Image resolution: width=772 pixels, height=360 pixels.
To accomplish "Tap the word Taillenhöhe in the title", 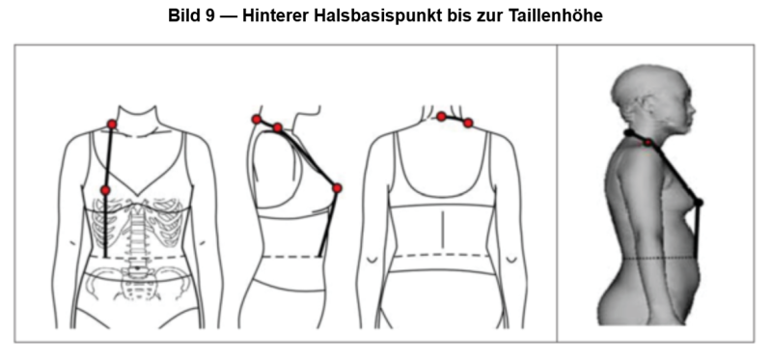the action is (556, 15).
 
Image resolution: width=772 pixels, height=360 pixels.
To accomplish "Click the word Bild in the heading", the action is (186, 15).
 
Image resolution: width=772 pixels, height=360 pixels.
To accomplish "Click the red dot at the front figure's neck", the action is (112, 125).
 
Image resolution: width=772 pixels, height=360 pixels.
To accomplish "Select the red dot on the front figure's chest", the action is (105, 190).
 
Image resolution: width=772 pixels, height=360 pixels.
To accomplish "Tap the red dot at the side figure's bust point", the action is (337, 188).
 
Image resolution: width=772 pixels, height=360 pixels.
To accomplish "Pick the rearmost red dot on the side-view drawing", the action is (257, 119).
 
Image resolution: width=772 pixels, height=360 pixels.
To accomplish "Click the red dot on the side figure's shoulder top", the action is (278, 127).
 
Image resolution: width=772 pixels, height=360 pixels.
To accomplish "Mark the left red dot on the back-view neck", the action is (442, 116).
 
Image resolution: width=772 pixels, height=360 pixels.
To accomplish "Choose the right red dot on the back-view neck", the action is (468, 123).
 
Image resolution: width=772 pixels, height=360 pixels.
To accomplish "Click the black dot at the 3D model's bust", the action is (698, 202).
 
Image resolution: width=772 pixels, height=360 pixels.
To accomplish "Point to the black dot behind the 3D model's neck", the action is (629, 132).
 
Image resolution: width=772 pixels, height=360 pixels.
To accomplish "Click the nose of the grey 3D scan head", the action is (693, 110).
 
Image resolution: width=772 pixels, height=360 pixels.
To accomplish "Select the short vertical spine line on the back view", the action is (443, 230).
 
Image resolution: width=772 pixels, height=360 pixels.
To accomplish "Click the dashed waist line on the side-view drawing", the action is (291, 257).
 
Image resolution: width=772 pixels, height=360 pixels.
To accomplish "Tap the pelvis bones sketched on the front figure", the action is (137, 283).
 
